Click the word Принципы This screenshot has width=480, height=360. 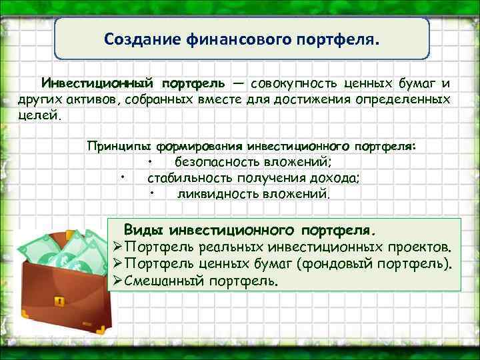(x=117, y=145)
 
